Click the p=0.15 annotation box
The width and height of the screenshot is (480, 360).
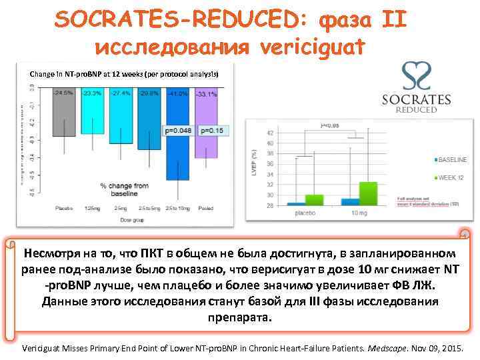pyautogui.click(x=211, y=131)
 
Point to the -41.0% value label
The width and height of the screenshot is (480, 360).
pyautogui.click(x=177, y=94)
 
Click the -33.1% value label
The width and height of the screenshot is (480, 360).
pyautogui.click(x=206, y=94)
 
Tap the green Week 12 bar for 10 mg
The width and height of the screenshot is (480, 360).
pyautogui.click(x=367, y=193)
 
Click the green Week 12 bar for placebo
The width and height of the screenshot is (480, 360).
pyautogui.click(x=314, y=199)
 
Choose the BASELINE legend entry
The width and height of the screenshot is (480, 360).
pyautogui.click(x=453, y=160)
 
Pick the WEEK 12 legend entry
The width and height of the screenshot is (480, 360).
pyautogui.click(x=451, y=178)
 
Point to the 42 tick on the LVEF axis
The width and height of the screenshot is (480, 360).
pyautogui.click(x=269, y=134)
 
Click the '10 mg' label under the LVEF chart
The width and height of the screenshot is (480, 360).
pyautogui.click(x=359, y=213)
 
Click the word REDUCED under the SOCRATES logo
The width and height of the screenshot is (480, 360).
pyautogui.click(x=417, y=110)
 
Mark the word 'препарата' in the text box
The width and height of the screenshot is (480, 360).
pyautogui.click(x=240, y=317)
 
